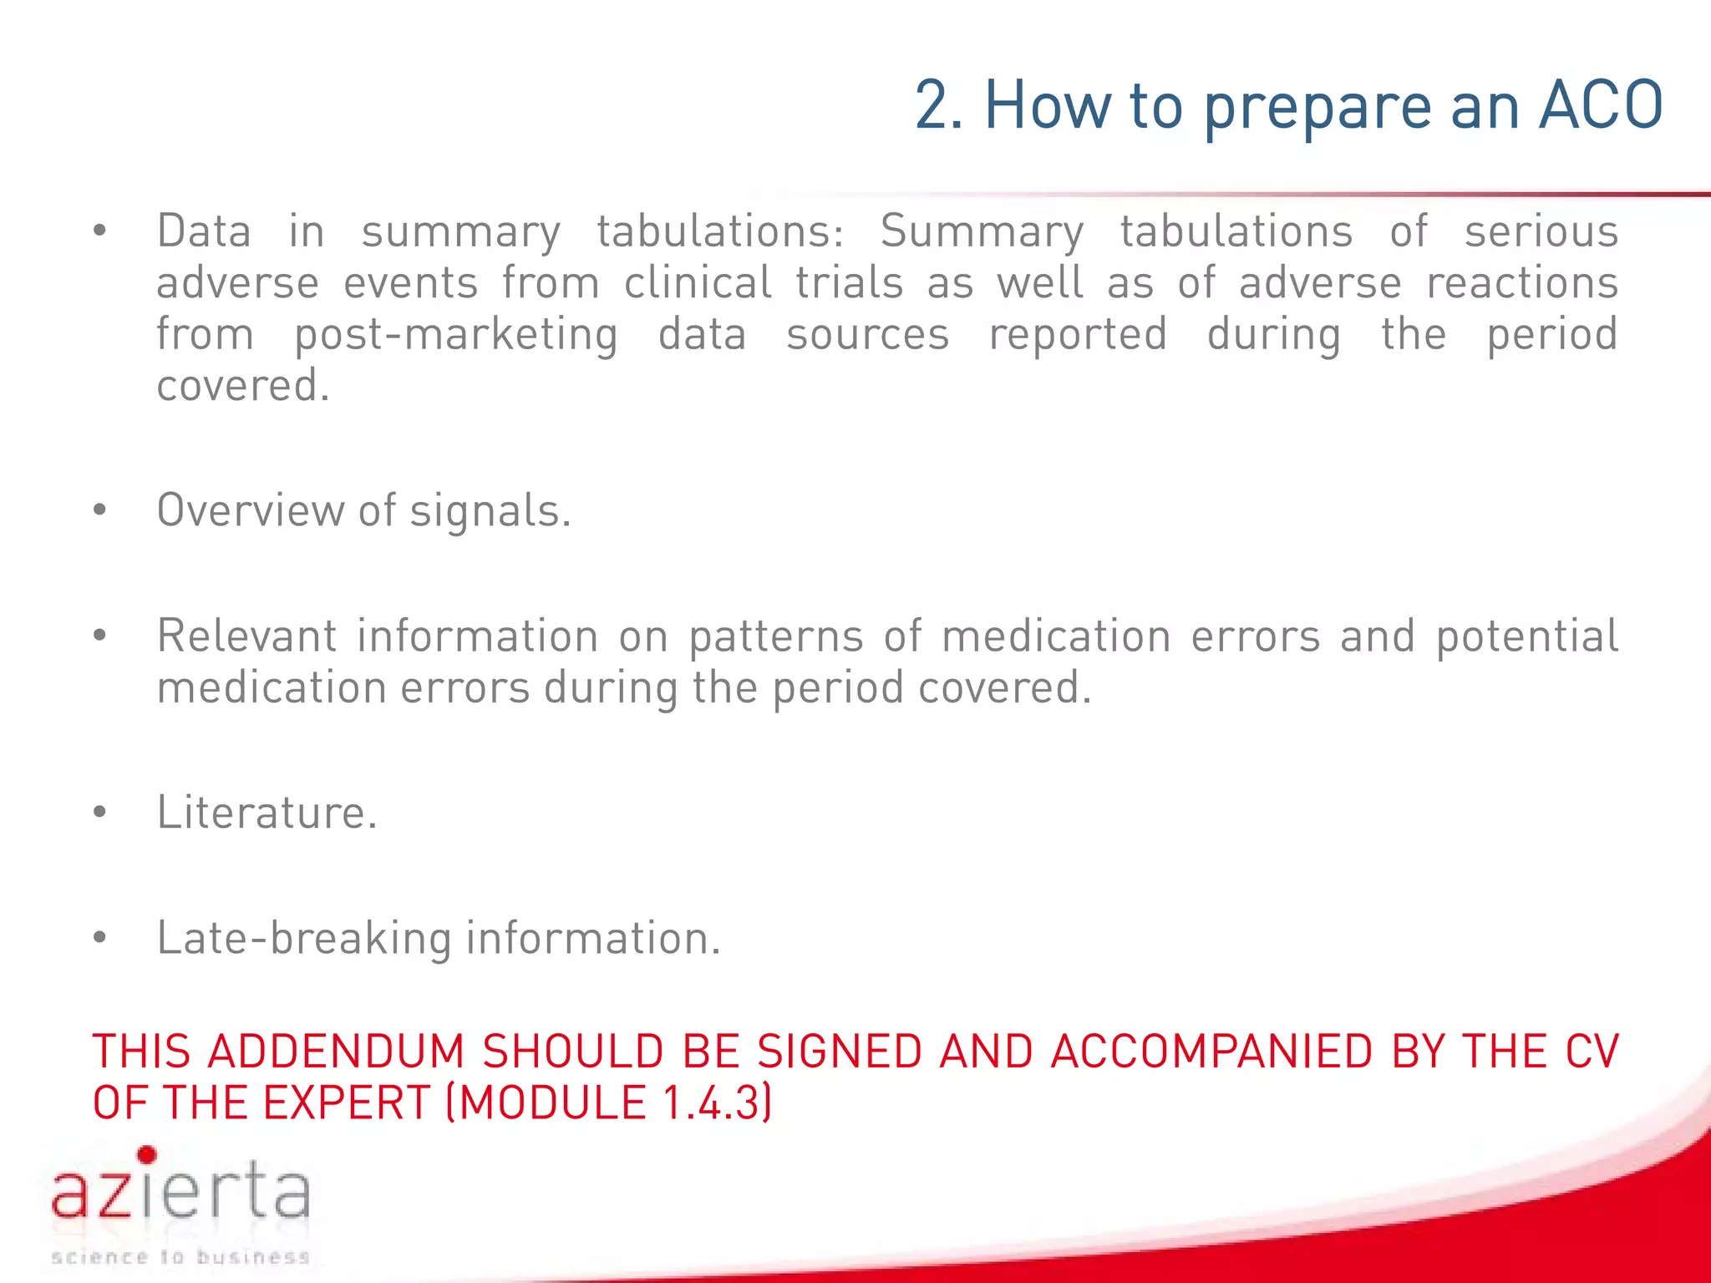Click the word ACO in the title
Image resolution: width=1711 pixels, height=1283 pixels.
pos(1601,105)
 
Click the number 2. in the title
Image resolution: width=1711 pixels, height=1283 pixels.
pos(939,105)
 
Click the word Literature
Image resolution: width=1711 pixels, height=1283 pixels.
pos(267,812)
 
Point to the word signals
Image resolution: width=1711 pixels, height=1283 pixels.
pos(490,511)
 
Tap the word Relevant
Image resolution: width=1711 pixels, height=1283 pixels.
pos(246,636)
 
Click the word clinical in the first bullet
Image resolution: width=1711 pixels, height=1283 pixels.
pos(698,282)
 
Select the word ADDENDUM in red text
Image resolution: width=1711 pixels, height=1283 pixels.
pos(336,1051)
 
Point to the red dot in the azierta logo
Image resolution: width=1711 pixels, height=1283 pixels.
pos(147,1155)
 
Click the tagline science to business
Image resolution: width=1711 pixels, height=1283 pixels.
pos(180,1257)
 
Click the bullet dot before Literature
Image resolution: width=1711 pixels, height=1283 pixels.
pos(100,812)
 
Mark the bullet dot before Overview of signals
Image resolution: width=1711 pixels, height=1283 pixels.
pos(100,510)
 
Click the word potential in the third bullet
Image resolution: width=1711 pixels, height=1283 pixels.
pos(1527,636)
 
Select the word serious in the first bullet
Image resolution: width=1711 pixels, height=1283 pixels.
pos(1541,231)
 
